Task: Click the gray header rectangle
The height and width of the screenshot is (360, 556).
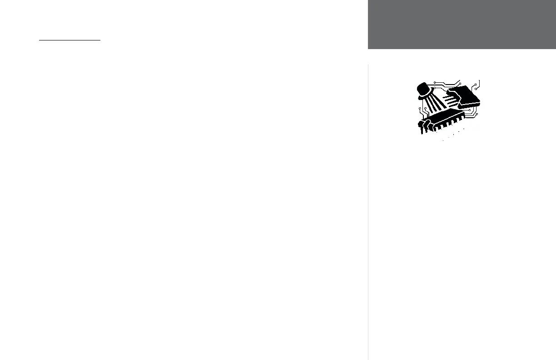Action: [462, 24]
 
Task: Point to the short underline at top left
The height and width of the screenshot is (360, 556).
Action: [69, 40]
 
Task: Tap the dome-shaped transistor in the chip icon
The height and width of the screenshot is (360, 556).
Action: [423, 88]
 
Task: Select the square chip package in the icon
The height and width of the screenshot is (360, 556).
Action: [466, 95]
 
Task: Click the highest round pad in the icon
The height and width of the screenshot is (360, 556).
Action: [435, 82]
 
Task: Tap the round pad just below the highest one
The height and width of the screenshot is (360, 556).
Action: [435, 88]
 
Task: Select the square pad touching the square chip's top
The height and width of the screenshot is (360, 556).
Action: [460, 84]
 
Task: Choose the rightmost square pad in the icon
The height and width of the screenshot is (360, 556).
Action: [476, 85]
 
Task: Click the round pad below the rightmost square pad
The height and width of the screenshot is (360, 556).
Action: [476, 89]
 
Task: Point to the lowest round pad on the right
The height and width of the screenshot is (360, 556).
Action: [477, 114]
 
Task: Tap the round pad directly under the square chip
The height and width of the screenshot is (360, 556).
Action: [470, 110]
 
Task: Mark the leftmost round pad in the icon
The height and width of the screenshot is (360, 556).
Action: [420, 108]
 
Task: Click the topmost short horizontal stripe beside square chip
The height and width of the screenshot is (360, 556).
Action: [447, 97]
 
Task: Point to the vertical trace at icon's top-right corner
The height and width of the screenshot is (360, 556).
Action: [479, 83]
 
